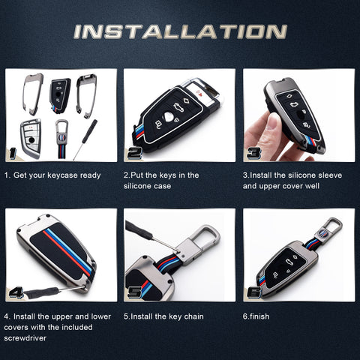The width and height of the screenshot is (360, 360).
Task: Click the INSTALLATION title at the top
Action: click(x=180, y=31)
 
